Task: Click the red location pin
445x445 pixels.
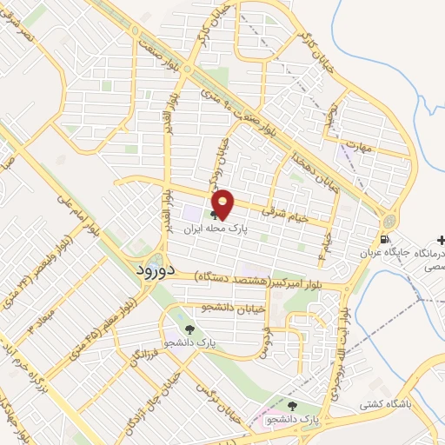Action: (x=224, y=203)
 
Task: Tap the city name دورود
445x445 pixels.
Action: (x=156, y=270)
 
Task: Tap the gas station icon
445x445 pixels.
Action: (x=382, y=240)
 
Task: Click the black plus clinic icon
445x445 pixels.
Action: (x=442, y=239)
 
